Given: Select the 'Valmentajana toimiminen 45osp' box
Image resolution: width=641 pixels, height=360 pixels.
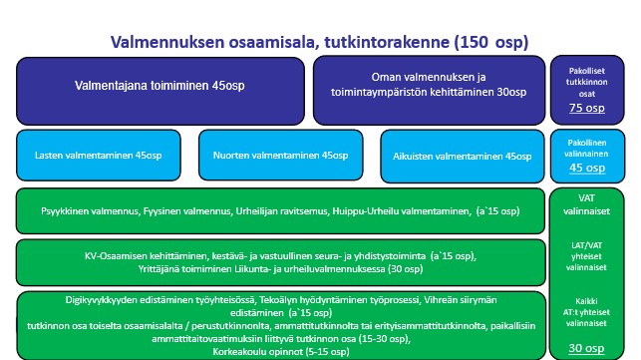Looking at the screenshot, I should pos(160,86).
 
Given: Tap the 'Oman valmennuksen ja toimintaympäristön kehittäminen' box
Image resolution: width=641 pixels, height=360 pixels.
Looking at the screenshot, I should pos(429,86).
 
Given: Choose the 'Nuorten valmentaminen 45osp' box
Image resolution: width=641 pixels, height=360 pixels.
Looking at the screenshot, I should pos(273,156).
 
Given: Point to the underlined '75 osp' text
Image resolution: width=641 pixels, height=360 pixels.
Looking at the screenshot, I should pos(588,109).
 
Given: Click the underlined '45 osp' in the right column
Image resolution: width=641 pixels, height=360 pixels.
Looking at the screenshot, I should pos(588,169).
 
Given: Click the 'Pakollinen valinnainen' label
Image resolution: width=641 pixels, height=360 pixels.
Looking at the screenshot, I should pos(588,148).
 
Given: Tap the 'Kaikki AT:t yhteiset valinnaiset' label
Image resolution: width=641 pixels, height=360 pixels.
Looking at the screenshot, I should pos(588,310).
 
